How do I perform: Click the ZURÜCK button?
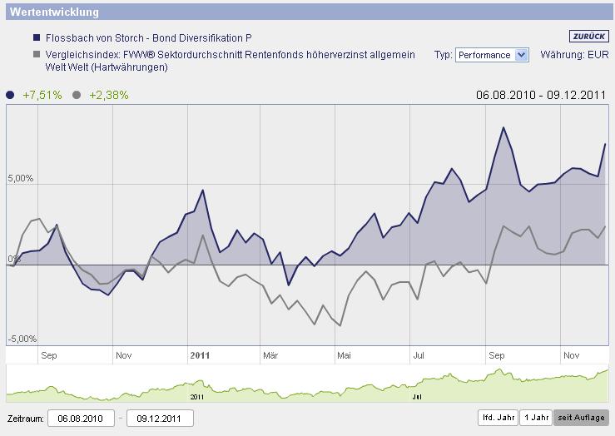pyautogui.click(x=590, y=37)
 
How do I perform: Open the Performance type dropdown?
pyautogui.click(x=492, y=55)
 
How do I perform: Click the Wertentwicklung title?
pyautogui.click(x=54, y=12)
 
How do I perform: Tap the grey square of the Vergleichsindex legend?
pyautogui.click(x=37, y=55)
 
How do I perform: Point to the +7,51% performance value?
pyautogui.click(x=42, y=95)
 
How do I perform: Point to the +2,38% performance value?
pyautogui.click(x=109, y=95)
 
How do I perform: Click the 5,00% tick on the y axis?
pyautogui.click(x=20, y=179)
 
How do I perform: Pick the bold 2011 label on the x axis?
pyautogui.click(x=200, y=355)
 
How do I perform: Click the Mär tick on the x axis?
pyautogui.click(x=270, y=355)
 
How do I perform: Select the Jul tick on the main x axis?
pyautogui.click(x=419, y=355)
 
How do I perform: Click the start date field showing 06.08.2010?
pyautogui.click(x=81, y=418)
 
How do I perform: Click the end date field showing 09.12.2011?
pyautogui.click(x=160, y=418)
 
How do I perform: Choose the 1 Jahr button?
pyautogui.click(x=535, y=418)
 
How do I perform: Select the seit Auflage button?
pyautogui.click(x=581, y=418)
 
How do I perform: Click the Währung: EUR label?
pyautogui.click(x=586, y=55)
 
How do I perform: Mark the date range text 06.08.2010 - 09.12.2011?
pyautogui.click(x=541, y=95)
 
